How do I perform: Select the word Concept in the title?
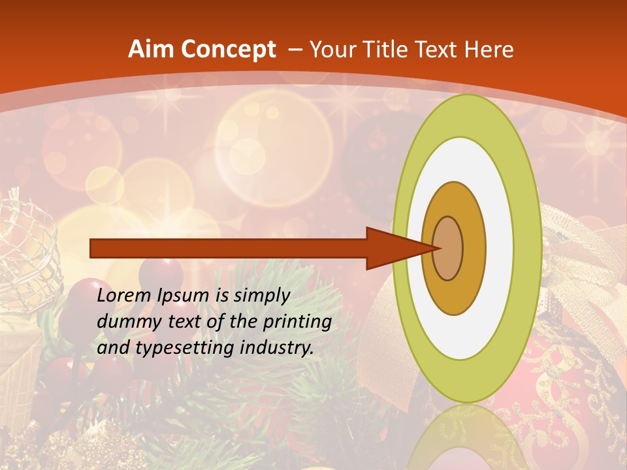tap(227, 50)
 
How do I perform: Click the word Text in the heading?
tap(436, 50)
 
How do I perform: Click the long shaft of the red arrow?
tap(229, 248)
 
